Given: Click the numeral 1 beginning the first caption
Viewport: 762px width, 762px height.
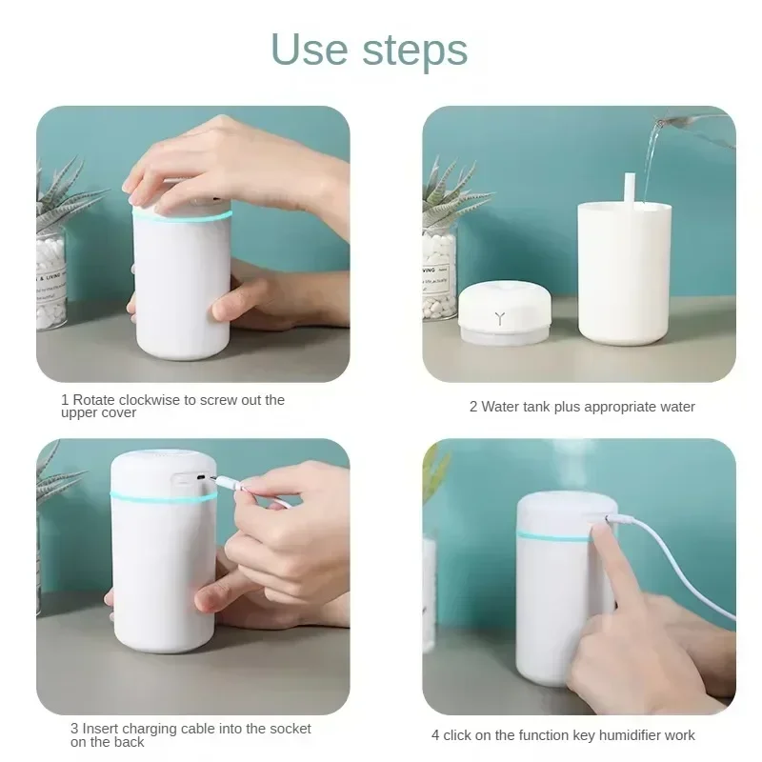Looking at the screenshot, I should (65, 400).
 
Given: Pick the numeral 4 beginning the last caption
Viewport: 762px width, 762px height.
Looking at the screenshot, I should (435, 735).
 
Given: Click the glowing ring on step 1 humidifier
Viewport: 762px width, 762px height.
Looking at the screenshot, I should (181, 216).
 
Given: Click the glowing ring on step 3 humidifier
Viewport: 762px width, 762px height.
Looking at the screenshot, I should (162, 495).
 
